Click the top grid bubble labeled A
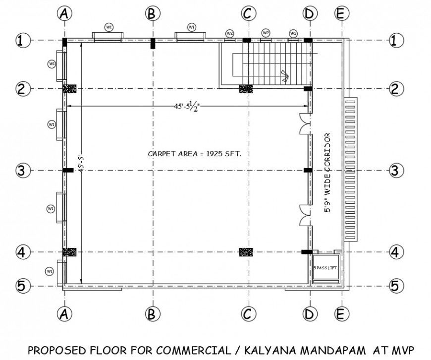coord(63,14)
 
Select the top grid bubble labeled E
coord(339,14)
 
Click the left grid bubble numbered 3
coord(20,171)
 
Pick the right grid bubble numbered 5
coord(395,286)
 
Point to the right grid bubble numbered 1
coord(394,40)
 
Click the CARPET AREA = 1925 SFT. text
coord(195,154)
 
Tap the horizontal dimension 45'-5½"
coord(186,106)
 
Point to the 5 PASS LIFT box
coord(325,268)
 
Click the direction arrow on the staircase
coord(285,75)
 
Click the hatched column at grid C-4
coord(246,252)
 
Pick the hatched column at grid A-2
coord(69,89)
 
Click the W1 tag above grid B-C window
coord(191,27)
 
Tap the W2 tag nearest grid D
coord(293,33)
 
